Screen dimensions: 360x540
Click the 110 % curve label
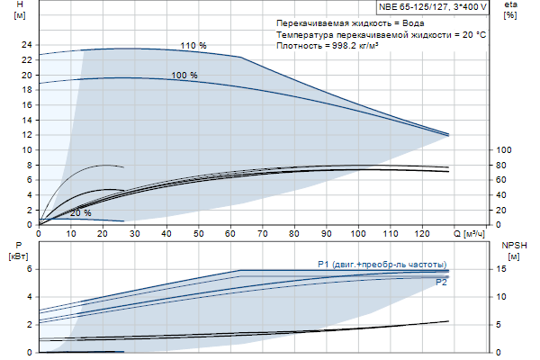click(x=193, y=45)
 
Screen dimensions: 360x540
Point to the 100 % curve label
click(x=184, y=76)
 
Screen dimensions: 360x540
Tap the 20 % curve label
click(x=81, y=213)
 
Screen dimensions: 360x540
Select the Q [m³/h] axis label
click(x=475, y=235)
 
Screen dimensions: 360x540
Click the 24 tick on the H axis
click(x=26, y=44)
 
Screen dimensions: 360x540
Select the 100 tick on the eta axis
click(x=504, y=149)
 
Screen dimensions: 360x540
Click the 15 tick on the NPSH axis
click(x=504, y=269)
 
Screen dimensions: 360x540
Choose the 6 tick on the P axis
click(x=29, y=269)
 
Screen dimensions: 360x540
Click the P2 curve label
click(x=441, y=283)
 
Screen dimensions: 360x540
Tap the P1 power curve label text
click(x=382, y=264)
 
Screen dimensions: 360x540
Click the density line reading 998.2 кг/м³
click(x=327, y=45)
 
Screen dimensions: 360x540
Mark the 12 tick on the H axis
click(x=26, y=135)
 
